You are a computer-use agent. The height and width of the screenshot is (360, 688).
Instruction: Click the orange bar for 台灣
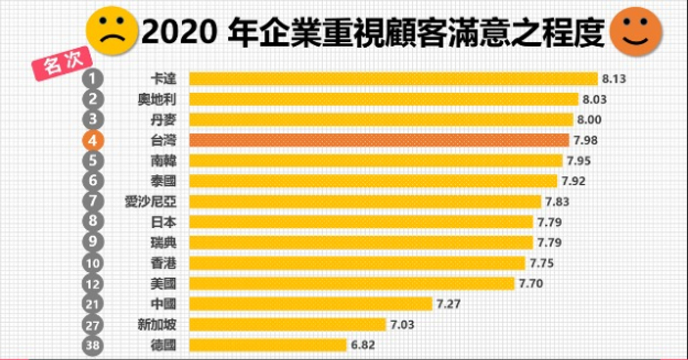378,140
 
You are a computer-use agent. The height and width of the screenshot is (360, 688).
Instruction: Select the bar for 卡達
393,79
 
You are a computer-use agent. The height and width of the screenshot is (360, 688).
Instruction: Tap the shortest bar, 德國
268,345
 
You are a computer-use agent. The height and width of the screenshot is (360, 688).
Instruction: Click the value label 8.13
613,79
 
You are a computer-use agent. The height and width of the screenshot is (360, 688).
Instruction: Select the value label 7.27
448,304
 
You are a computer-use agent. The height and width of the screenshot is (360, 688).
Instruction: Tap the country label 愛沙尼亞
150,202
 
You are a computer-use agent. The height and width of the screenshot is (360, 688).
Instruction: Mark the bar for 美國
351,283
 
